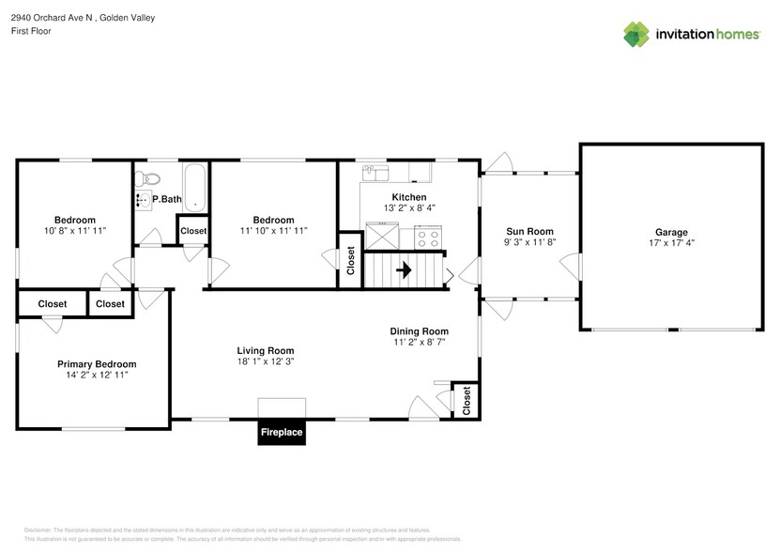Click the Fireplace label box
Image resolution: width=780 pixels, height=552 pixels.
282,433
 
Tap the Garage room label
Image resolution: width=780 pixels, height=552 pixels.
671,232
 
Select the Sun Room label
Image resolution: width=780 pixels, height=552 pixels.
529,231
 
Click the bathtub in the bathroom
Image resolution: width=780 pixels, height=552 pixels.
193,188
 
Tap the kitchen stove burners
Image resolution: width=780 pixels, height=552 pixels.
429,237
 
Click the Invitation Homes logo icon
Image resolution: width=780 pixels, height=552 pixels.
637,34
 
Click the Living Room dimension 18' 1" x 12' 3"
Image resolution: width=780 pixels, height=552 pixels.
265,361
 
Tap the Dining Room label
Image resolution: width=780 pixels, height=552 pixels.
420,331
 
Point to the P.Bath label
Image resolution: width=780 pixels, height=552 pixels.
166,199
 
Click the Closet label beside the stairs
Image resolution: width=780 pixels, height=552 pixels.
351,260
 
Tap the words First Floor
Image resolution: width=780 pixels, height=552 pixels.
31,31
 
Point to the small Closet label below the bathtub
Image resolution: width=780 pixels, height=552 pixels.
193,231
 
